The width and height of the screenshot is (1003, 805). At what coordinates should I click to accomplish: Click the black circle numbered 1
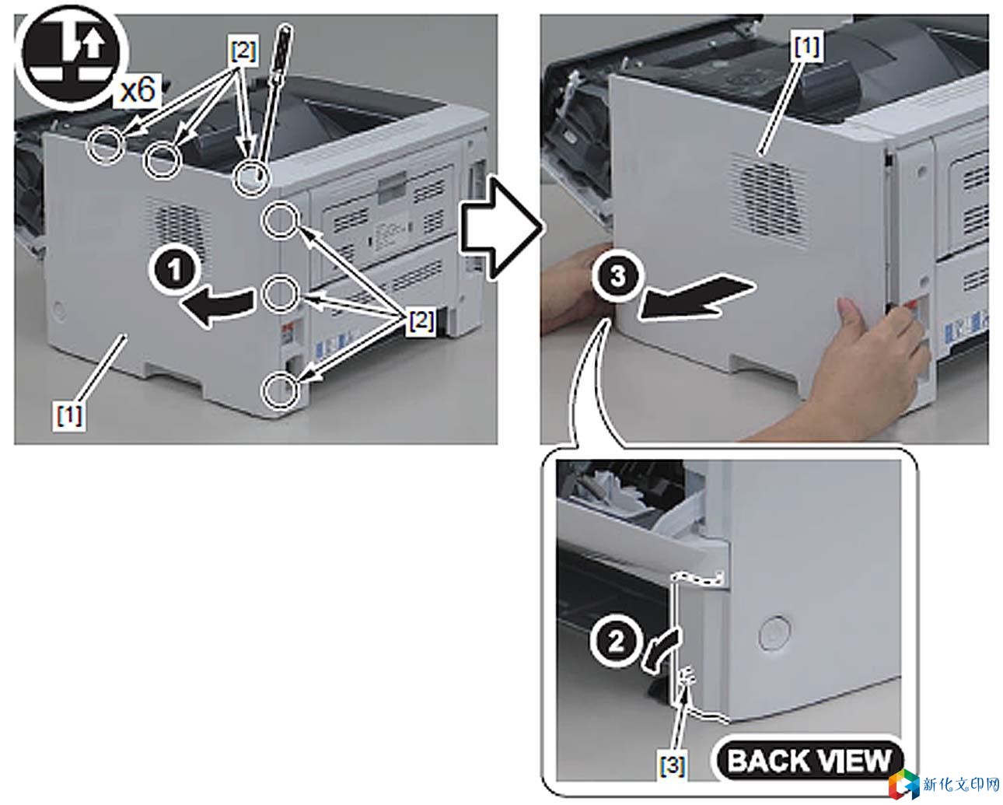click(x=174, y=270)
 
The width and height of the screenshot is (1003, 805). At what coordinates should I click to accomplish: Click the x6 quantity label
click(x=137, y=89)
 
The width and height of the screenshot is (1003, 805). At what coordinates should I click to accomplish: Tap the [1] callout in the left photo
click(x=69, y=415)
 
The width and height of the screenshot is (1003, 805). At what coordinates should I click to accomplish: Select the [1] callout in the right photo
click(x=807, y=46)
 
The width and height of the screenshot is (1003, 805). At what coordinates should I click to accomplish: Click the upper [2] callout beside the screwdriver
click(x=243, y=51)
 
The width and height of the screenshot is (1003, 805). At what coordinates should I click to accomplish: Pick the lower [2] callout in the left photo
click(x=421, y=320)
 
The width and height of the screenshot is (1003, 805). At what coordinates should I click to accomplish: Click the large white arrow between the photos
click(x=501, y=229)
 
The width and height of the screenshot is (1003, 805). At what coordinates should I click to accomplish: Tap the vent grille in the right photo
click(x=768, y=200)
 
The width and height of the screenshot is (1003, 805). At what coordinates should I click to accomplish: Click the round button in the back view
click(x=774, y=633)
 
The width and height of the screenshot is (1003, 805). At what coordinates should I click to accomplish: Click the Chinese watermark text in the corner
click(x=961, y=785)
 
